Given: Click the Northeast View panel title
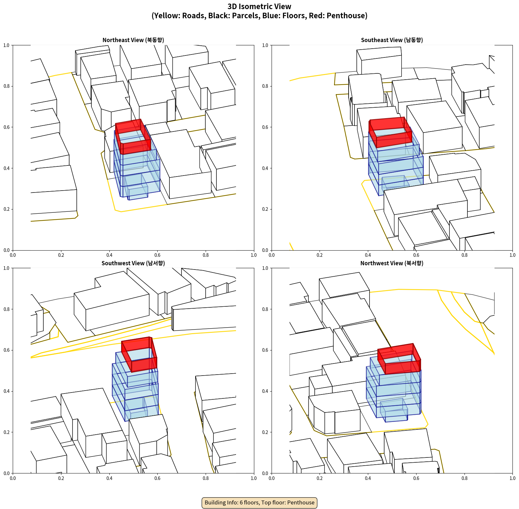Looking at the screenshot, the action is (x=133, y=40).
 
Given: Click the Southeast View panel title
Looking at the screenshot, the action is (x=392, y=40).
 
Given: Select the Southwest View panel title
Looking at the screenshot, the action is (x=133, y=263).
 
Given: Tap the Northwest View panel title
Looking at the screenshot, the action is (x=392, y=263).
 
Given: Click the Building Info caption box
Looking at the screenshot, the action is (x=259, y=502).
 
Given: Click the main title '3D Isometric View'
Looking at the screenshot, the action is (x=259, y=7).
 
